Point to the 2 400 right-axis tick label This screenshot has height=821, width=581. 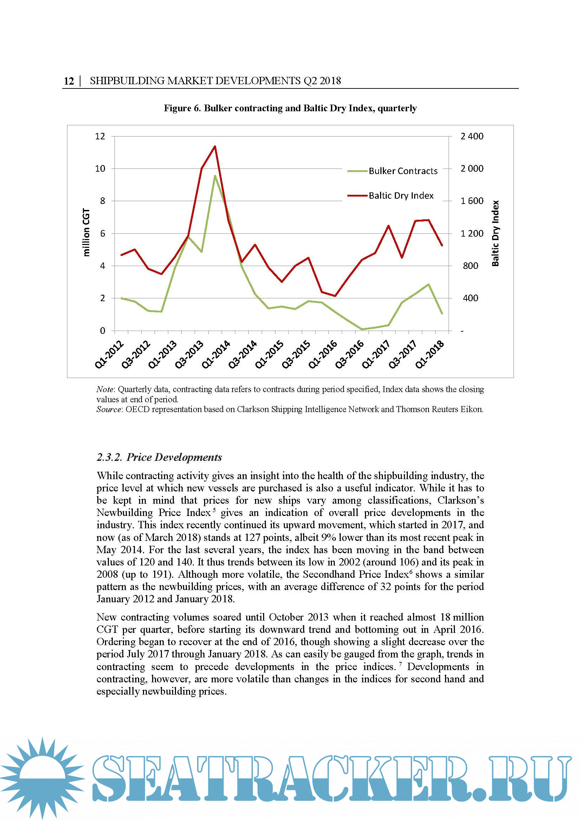point(471,136)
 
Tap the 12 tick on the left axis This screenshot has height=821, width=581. point(100,136)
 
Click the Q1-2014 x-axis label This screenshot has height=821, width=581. point(216,355)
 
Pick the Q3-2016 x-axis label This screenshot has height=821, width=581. point(350,355)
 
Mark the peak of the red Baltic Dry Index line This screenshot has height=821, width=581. point(215,146)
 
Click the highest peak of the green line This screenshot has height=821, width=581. point(215,176)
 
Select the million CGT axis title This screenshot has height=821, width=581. point(86,232)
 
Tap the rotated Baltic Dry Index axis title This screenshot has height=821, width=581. point(495,233)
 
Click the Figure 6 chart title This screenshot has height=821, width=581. point(290,108)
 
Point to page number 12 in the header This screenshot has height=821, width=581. point(69,81)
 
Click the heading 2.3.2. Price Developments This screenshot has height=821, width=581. point(159,457)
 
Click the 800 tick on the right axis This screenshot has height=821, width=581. point(470,266)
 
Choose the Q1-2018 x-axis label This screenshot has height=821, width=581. point(430,355)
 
